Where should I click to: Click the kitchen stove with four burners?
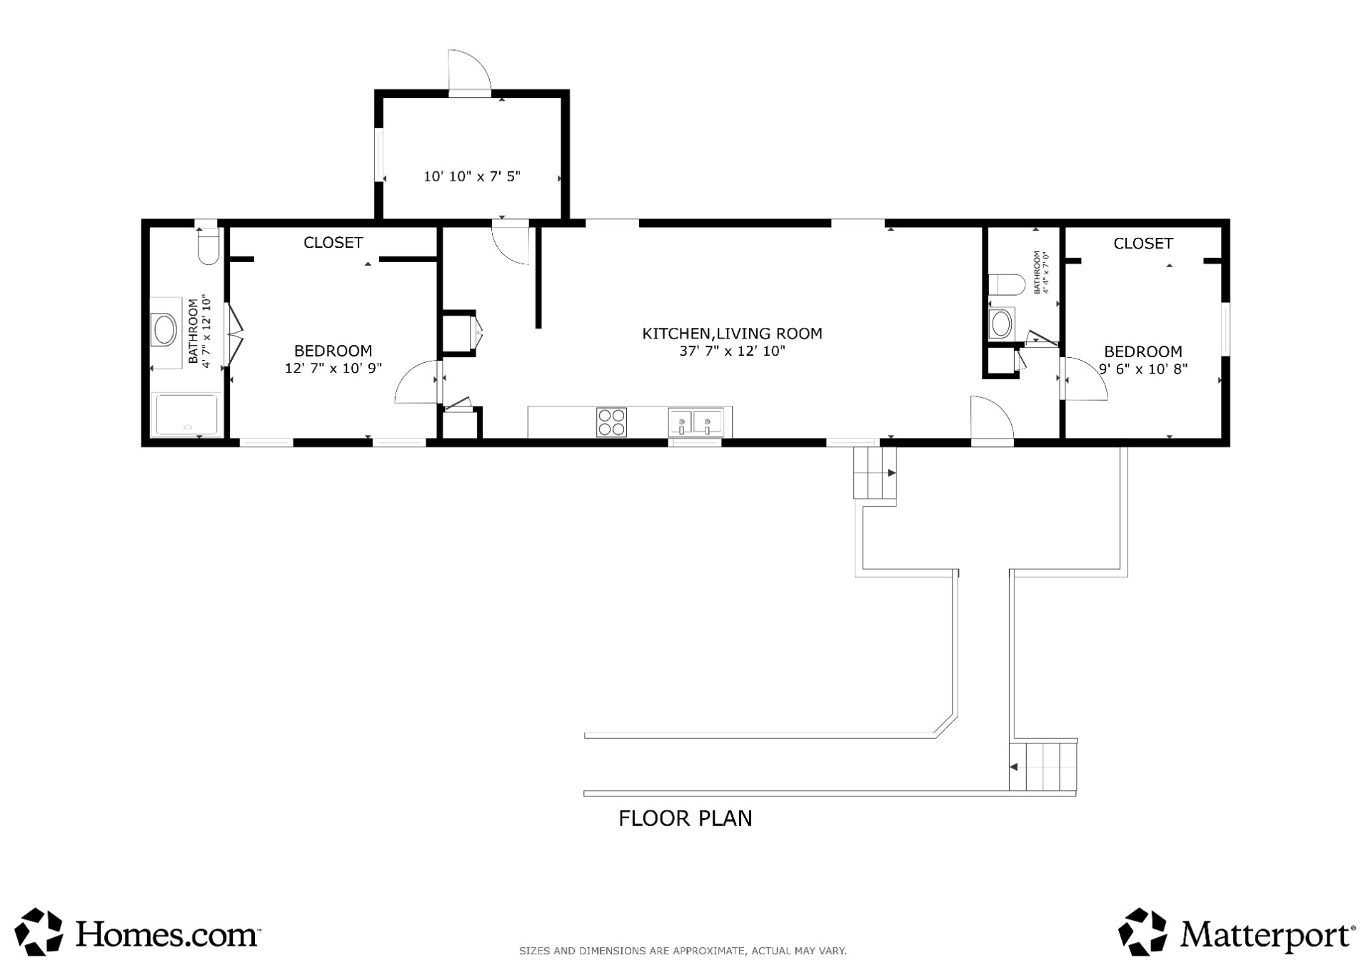pyautogui.click(x=611, y=421)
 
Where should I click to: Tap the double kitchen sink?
pyautogui.click(x=695, y=421)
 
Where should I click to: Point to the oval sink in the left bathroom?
pyautogui.click(x=166, y=331)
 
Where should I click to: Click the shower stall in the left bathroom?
pyautogui.click(x=186, y=414)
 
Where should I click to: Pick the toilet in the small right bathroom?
pyautogui.click(x=1007, y=284)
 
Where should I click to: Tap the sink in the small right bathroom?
pyautogui.click(x=1000, y=324)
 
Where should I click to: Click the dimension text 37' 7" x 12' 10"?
pyautogui.click(x=732, y=351)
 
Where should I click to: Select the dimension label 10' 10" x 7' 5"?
pyautogui.click(x=472, y=176)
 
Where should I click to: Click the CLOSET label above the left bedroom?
pyautogui.click(x=333, y=243)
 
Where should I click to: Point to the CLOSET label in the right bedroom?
pyautogui.click(x=1143, y=244)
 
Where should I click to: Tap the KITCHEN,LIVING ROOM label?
pyautogui.click(x=732, y=333)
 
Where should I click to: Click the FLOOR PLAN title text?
pyautogui.click(x=685, y=818)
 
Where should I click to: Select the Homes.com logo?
pyautogui.click(x=138, y=932)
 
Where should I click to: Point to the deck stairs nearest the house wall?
pyautogui.click(x=875, y=472)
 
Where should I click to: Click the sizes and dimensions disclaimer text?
pyautogui.click(x=683, y=951)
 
